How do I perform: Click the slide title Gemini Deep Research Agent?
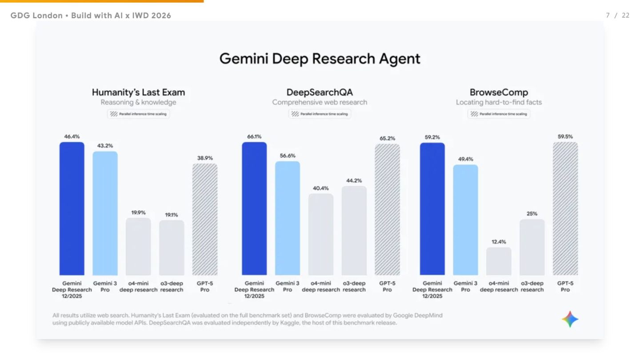coord(320,59)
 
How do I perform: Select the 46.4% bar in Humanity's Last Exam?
coord(72,208)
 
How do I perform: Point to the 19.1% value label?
coord(172,215)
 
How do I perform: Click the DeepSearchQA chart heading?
coord(320,92)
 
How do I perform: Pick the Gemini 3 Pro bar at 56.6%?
coord(288,218)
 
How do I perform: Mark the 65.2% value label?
coord(387,138)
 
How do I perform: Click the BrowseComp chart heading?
coord(499,92)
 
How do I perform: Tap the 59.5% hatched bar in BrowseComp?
coord(565,208)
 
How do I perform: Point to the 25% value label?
coord(532,214)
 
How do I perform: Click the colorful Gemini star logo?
coord(570,319)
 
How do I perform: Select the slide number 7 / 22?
coord(618,16)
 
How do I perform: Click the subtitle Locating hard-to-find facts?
coord(499,102)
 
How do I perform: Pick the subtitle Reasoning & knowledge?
coord(138,102)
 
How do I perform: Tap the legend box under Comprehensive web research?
coord(320,114)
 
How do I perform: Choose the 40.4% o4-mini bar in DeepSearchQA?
coord(321,234)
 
